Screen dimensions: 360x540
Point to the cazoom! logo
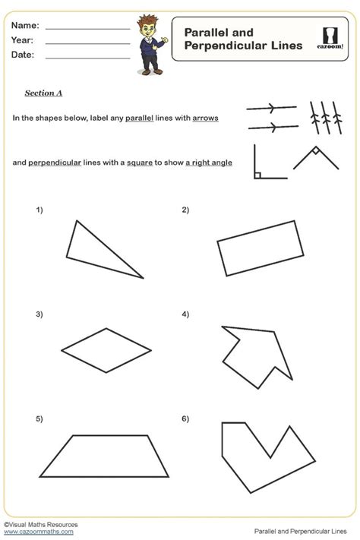(330, 39)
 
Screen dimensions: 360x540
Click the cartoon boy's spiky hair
(147, 21)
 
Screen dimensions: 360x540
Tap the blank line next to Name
(88, 29)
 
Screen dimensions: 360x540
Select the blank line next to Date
(88, 58)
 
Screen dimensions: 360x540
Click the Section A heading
(43, 93)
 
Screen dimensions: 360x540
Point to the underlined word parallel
(139, 118)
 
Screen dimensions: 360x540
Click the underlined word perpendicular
(55, 163)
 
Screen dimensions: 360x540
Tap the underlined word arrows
(205, 118)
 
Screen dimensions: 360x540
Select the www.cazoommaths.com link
(39, 532)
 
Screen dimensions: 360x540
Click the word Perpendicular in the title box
(226, 46)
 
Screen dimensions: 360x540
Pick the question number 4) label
(185, 314)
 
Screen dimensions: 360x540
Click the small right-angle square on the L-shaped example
(257, 175)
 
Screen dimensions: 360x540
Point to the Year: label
(22, 40)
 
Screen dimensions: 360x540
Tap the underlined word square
(140, 163)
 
